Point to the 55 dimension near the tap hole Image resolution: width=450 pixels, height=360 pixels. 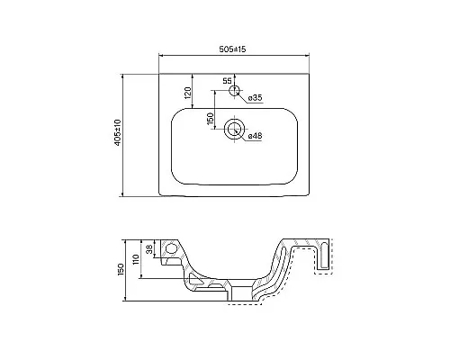[x=227, y=81]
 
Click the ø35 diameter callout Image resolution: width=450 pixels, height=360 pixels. [x=255, y=96]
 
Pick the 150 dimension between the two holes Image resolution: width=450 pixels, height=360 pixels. [x=210, y=118]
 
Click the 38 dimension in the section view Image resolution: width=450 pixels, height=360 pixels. [x=149, y=253]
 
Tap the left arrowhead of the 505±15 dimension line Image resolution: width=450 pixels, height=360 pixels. [x=163, y=57]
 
